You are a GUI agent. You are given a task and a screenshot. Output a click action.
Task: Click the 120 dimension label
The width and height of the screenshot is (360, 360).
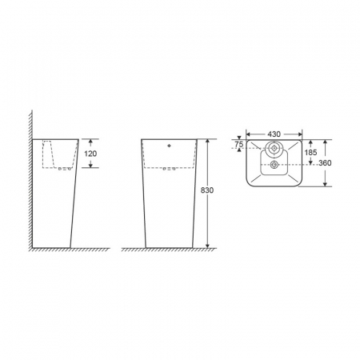click(90, 154)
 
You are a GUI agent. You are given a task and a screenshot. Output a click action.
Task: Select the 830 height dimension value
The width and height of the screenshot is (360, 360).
click(207, 190)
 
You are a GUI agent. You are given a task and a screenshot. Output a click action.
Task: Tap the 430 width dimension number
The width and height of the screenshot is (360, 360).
click(274, 134)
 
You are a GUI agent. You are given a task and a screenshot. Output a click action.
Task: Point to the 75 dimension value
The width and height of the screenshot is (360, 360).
click(239, 145)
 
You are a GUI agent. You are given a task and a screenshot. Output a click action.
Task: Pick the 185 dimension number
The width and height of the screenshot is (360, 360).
click(310, 153)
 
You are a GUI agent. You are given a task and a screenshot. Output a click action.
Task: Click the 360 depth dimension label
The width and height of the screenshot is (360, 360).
click(325, 163)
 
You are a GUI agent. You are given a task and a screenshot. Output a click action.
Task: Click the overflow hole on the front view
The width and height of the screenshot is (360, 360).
click(169, 146)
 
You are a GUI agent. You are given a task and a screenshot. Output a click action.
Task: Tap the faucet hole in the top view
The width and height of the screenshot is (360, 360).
click(274, 148)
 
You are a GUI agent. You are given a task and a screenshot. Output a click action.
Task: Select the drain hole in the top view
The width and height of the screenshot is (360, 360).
click(274, 165)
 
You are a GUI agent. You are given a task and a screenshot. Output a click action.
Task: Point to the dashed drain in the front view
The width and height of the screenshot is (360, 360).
click(170, 169)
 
